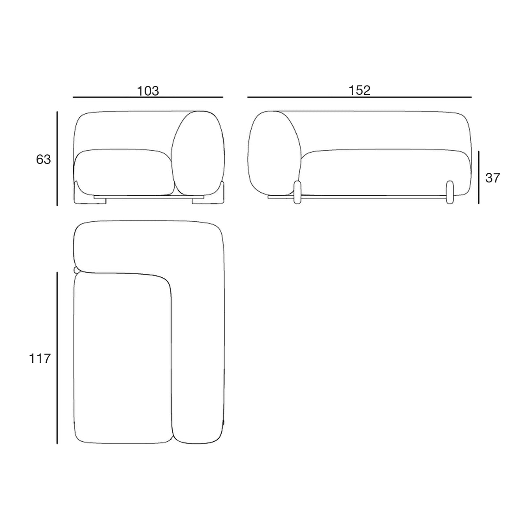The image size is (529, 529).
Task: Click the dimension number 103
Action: coord(148,91)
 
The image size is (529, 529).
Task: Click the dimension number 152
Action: coord(359,90)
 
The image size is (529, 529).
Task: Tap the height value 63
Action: coord(43,160)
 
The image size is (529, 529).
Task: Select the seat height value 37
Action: coord(493,178)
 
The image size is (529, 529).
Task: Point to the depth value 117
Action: coord(40,358)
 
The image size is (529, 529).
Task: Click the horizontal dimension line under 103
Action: coord(148,97)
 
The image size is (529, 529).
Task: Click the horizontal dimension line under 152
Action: coord(359,97)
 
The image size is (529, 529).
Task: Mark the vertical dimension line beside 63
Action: coord(57,158)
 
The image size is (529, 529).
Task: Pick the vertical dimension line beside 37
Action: coord(479,177)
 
